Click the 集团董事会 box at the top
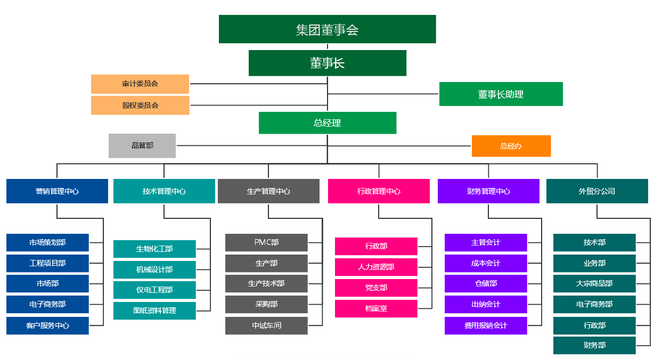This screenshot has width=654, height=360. pos(327,29)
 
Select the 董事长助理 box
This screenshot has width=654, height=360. pos(501,94)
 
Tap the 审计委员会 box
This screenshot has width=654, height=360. pos(140,84)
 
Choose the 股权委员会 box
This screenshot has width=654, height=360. pos(140,105)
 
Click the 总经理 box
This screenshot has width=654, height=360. pos(327,123)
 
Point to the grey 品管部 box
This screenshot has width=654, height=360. pos(142,145)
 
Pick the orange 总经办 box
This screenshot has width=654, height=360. pos(511,146)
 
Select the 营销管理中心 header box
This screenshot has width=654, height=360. pos(57,191)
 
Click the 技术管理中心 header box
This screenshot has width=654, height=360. pos(164,191)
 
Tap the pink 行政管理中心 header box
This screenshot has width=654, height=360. pos(379,191)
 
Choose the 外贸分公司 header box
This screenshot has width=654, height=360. pos(596,191)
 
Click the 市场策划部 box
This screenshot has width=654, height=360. pos(47,242)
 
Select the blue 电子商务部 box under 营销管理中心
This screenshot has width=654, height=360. pos(47,305)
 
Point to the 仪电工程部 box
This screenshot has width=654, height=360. pos(154,290)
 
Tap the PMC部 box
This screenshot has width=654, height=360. pos(266,242)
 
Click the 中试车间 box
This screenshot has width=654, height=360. pos(266,325)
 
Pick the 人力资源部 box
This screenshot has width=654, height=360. pos(376,267)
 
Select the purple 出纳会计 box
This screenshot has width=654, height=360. pos(486,305)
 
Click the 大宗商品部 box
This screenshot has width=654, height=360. pos(594,284)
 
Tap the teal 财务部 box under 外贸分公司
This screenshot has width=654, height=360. pos(594,345)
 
